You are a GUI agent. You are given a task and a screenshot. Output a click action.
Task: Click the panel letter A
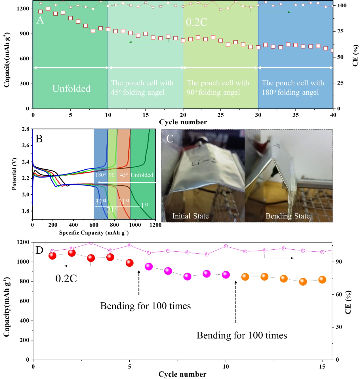(40, 20)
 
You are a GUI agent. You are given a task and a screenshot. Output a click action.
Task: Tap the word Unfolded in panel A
(71, 89)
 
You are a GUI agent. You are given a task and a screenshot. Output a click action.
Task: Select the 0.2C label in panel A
(197, 22)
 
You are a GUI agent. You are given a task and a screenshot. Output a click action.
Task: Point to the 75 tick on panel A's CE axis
(340, 31)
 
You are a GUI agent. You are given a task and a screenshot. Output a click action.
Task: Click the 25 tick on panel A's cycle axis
(220, 115)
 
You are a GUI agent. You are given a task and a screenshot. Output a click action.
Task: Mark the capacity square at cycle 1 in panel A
(41, 12)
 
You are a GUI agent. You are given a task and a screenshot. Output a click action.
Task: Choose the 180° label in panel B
(100, 175)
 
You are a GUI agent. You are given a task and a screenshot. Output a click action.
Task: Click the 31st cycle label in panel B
(100, 201)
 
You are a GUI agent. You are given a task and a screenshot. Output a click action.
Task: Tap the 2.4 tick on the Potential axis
(26, 162)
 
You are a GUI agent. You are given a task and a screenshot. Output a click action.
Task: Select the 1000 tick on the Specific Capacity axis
(135, 225)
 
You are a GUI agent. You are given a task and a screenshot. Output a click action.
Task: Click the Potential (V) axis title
(14, 174)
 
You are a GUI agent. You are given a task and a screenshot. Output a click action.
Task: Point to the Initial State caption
(190, 216)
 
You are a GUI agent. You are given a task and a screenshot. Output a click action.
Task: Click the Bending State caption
(288, 216)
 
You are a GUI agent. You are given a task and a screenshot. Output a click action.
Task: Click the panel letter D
(39, 250)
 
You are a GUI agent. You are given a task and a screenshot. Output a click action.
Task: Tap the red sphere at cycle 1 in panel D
(52, 255)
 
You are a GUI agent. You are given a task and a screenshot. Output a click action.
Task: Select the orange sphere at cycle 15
(322, 279)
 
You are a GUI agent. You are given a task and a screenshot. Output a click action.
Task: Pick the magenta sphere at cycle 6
(149, 266)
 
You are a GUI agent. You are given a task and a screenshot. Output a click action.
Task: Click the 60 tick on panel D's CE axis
(339, 294)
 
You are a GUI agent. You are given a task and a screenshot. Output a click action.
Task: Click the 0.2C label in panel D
(66, 279)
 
